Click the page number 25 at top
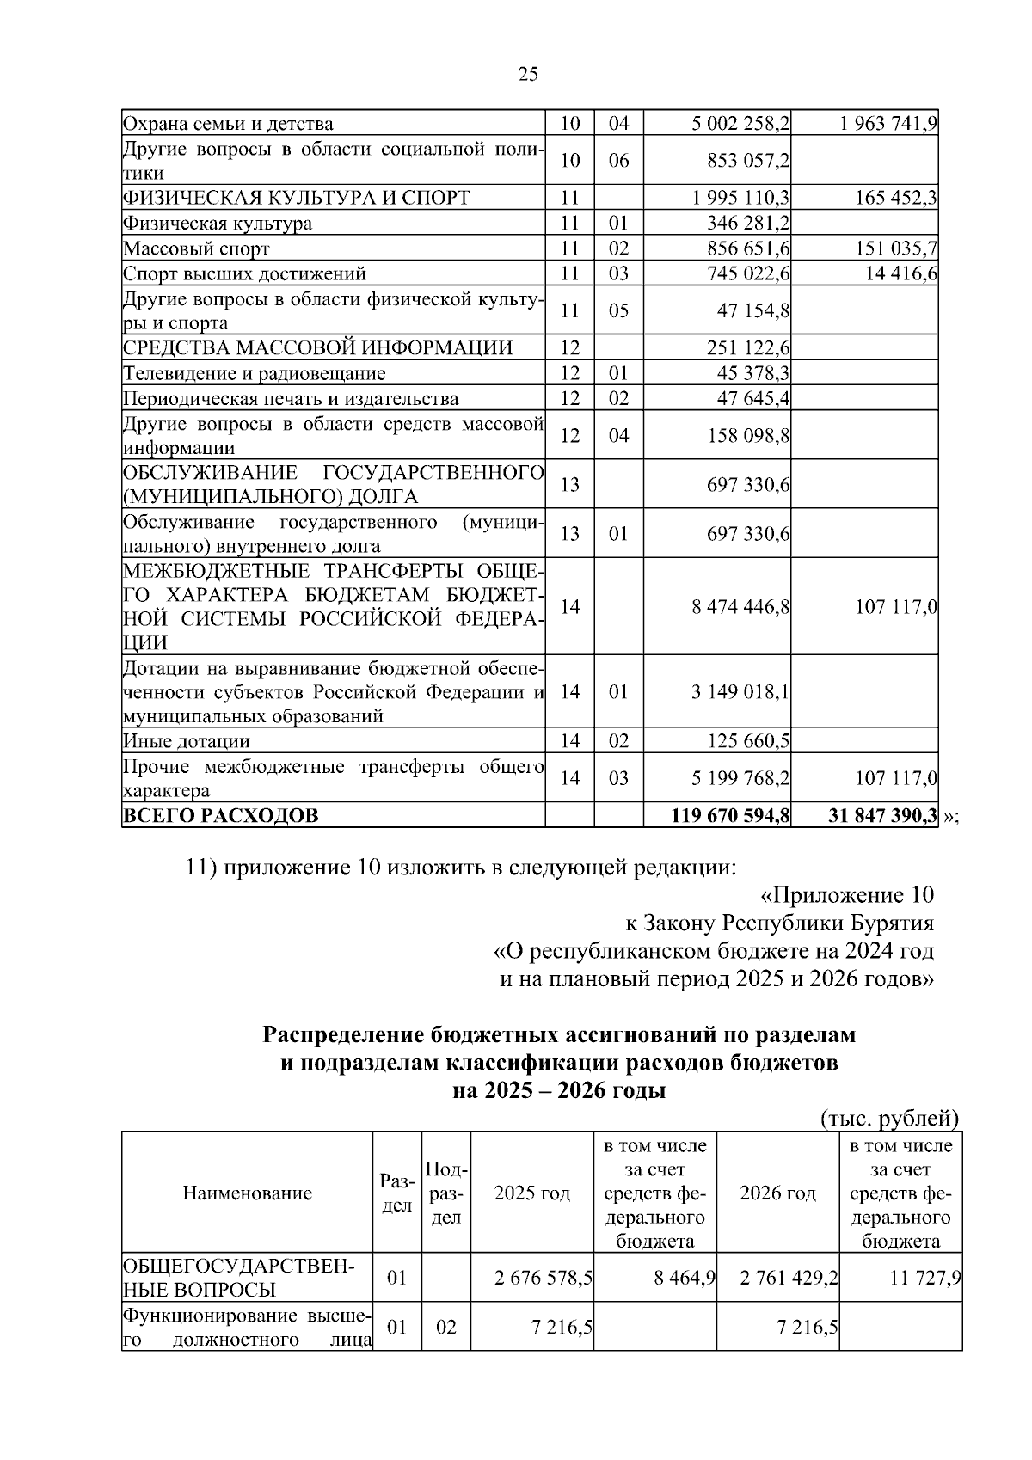[528, 74]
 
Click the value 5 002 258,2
[740, 124]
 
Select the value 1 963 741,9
[888, 124]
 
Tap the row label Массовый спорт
[196, 249]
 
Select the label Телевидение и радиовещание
[254, 374]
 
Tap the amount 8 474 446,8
[740, 607]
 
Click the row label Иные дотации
[187, 741]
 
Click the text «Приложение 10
[847, 895]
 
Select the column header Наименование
[248, 1193]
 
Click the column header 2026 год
[777, 1193]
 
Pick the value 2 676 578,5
[543, 1278]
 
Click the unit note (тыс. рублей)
[888, 1119]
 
